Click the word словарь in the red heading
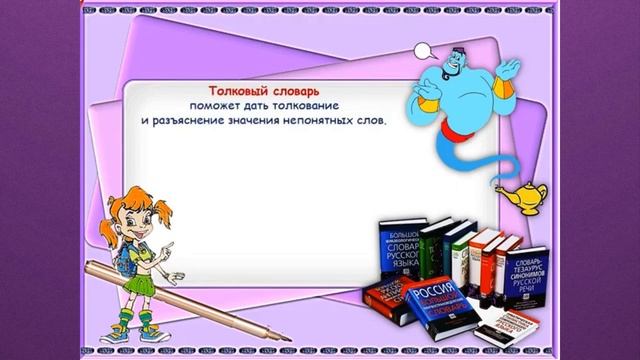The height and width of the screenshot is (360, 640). coord(293,89)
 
